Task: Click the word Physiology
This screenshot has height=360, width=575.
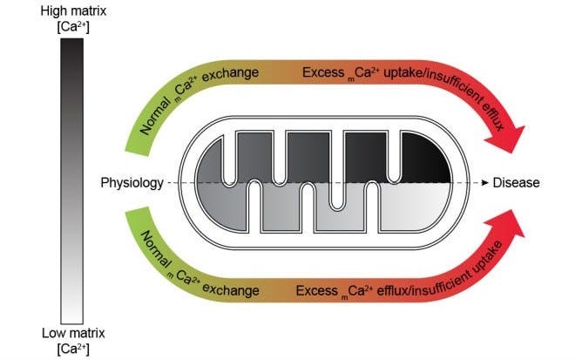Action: point(132,183)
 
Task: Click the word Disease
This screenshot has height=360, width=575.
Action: point(517,183)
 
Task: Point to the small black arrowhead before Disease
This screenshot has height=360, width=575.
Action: point(484,183)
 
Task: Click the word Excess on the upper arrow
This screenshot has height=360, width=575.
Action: point(320,72)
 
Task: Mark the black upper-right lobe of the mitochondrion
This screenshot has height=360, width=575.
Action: point(423,157)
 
